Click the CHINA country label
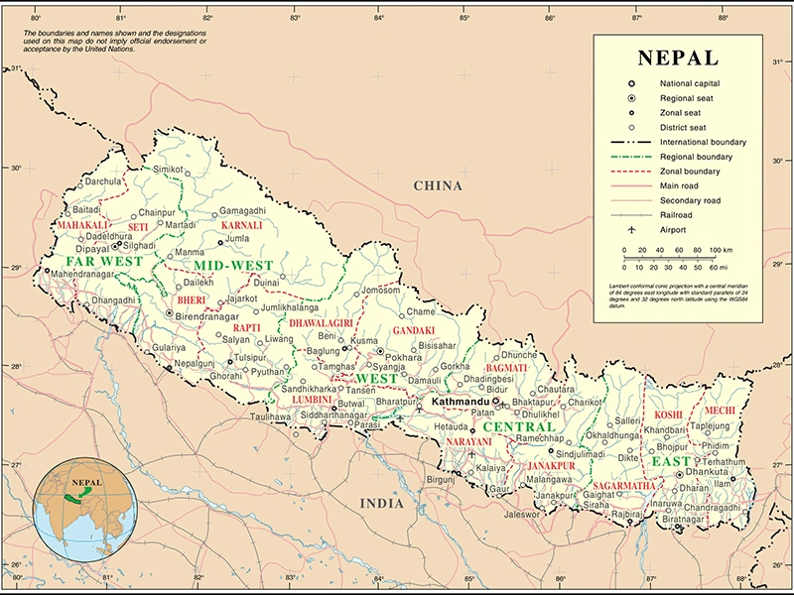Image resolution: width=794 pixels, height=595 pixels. point(438,185)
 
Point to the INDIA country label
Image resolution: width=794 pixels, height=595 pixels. point(381,503)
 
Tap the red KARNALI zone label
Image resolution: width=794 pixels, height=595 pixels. point(242,225)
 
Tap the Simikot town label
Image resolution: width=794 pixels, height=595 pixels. point(169,170)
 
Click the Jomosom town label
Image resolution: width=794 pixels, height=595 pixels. point(382,290)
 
